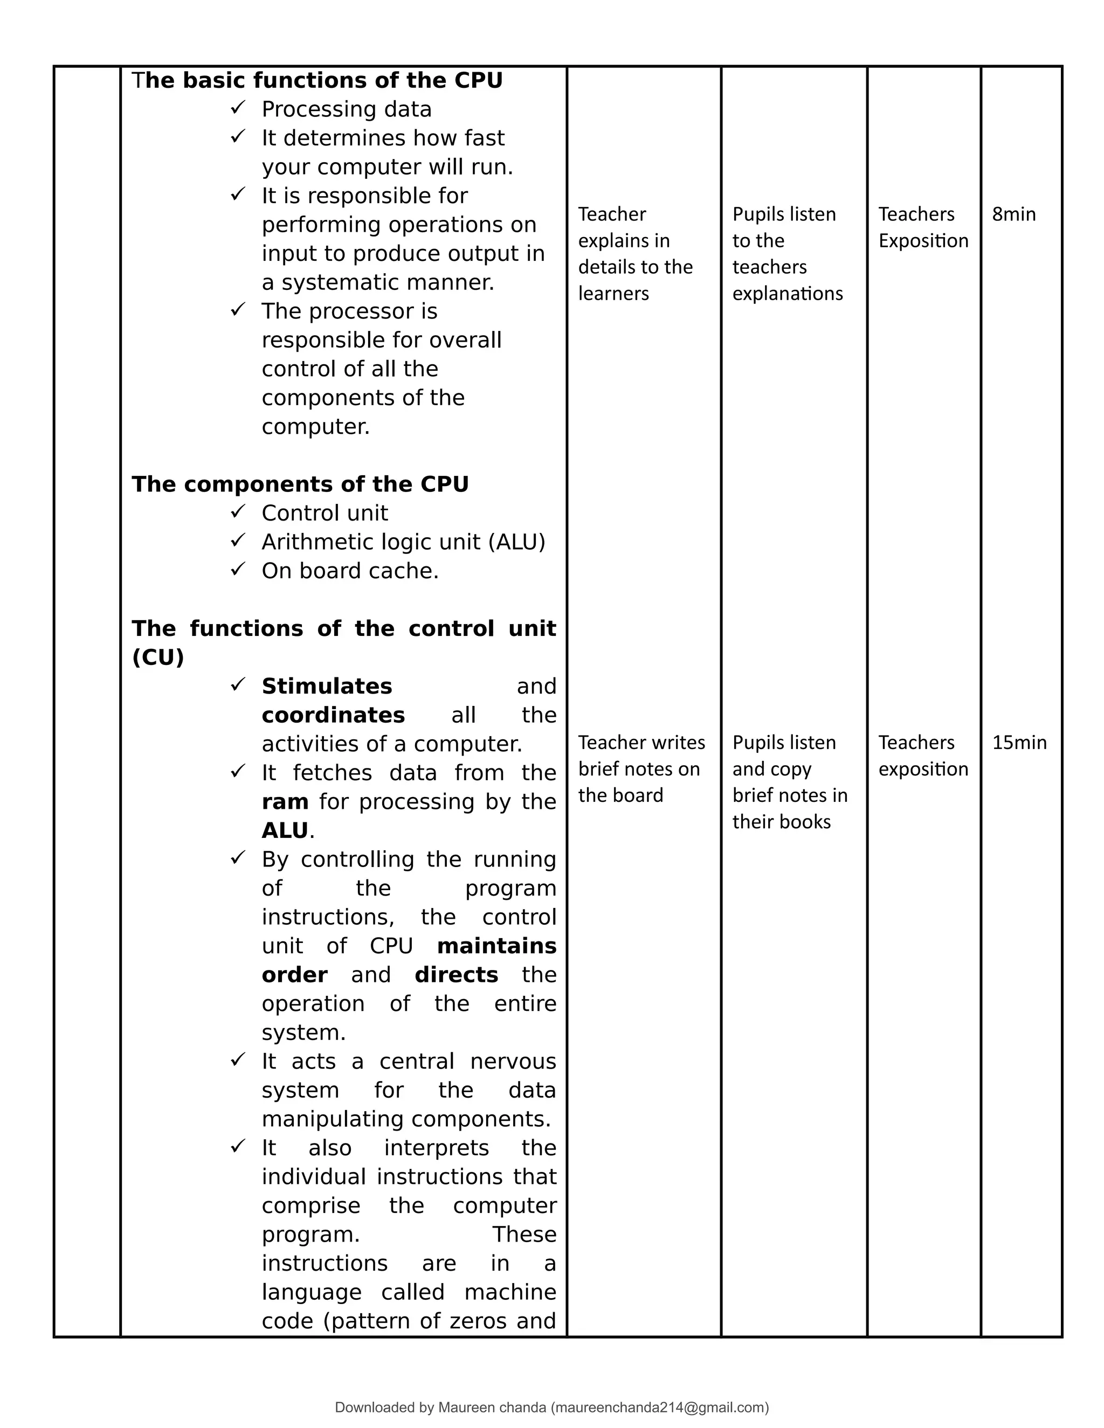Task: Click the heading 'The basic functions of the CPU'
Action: [x=317, y=80]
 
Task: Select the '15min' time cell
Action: [x=1018, y=743]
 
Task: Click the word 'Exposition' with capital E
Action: [x=923, y=241]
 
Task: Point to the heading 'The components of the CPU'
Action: [x=300, y=484]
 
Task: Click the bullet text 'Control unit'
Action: [x=325, y=513]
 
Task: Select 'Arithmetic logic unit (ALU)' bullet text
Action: [x=403, y=542]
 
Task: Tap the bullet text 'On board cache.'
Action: [x=350, y=571]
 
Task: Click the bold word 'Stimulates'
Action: [x=326, y=687]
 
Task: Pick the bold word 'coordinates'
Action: [x=333, y=715]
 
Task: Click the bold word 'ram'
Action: [x=285, y=802]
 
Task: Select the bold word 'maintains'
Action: [x=496, y=946]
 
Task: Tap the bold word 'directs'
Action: [x=456, y=975]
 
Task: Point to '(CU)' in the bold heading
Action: [x=157, y=657]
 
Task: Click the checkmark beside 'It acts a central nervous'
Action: [x=237, y=1059]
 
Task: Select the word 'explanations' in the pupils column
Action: [x=787, y=294]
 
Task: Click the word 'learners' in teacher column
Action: [x=613, y=294]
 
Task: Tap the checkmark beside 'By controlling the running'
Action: [x=237, y=857]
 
